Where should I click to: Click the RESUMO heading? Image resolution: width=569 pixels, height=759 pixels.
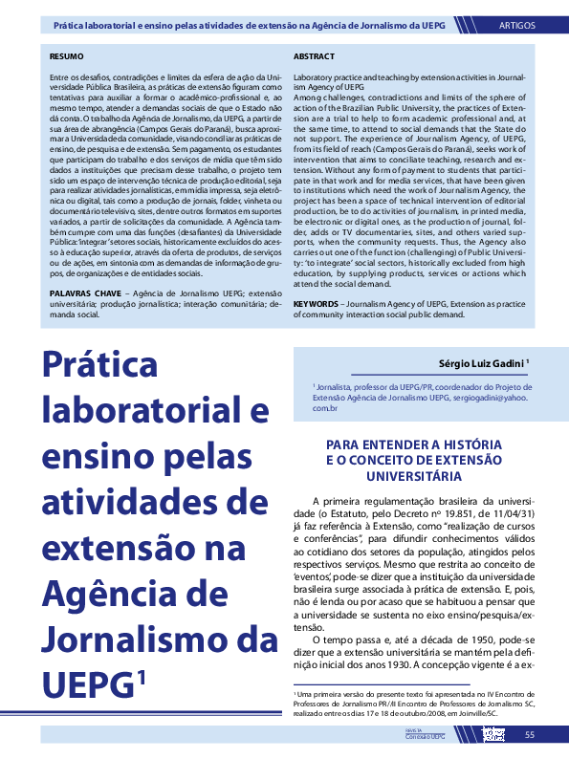(x=66, y=57)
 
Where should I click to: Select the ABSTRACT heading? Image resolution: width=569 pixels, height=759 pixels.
(x=314, y=57)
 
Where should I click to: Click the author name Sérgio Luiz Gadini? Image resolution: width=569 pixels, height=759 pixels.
(x=479, y=363)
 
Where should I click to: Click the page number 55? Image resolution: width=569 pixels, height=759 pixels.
(x=529, y=734)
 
